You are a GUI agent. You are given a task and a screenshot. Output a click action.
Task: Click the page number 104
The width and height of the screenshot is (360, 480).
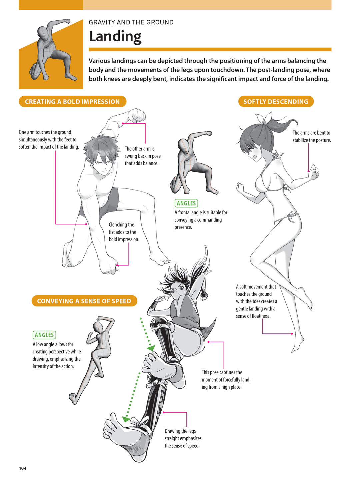(23, 468)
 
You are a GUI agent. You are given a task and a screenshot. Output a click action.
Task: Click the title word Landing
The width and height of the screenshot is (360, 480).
(115, 36)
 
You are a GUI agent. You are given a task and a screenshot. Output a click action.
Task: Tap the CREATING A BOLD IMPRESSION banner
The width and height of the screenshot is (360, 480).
(72, 102)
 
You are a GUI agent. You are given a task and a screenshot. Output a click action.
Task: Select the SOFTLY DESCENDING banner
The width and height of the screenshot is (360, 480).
(276, 102)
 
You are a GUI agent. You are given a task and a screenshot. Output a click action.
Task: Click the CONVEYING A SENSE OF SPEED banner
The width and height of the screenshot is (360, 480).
(84, 301)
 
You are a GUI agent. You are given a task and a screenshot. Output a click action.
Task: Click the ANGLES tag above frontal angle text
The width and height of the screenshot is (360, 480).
(186, 203)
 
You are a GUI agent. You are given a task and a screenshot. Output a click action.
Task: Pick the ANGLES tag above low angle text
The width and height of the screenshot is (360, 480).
(44, 335)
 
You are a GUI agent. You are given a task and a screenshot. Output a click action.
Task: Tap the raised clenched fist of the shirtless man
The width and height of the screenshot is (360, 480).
(137, 116)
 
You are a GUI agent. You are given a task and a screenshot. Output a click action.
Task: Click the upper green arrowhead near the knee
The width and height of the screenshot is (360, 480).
(151, 348)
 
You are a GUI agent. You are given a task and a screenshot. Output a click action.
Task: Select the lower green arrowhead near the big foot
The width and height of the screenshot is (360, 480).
(126, 419)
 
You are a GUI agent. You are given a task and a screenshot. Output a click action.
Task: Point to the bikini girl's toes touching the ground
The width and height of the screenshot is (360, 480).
(295, 348)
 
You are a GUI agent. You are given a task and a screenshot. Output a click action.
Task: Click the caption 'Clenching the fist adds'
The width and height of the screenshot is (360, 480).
(124, 232)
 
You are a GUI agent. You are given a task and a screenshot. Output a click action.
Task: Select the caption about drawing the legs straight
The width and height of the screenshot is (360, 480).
(183, 438)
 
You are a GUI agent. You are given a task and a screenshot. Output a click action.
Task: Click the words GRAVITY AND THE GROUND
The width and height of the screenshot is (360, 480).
(131, 22)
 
